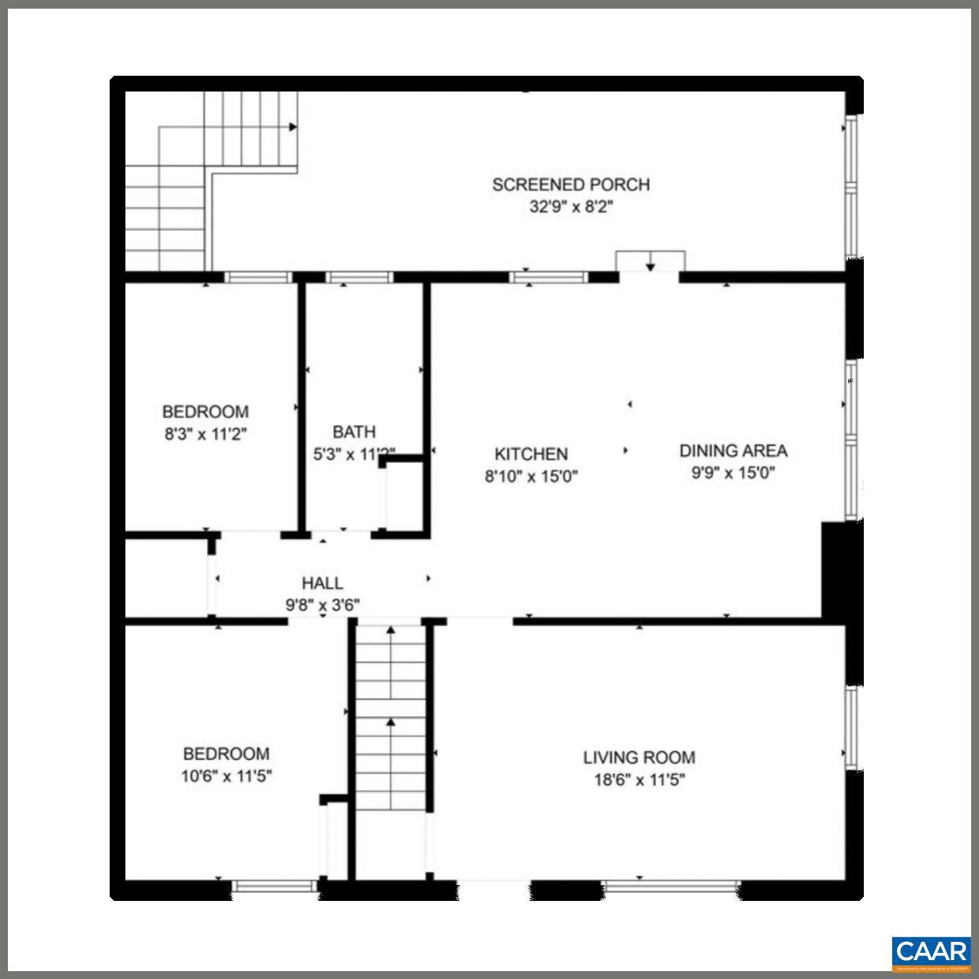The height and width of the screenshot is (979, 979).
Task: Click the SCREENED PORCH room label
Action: (x=570, y=185)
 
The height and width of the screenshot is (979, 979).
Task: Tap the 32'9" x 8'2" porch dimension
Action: (x=570, y=207)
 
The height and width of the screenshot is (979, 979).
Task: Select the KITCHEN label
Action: (x=531, y=454)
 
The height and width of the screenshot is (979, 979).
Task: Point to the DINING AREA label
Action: (x=733, y=450)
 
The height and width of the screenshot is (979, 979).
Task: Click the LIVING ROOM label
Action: (x=639, y=757)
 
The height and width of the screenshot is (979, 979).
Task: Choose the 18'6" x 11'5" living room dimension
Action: (x=639, y=780)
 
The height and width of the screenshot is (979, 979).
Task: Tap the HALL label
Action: (x=322, y=583)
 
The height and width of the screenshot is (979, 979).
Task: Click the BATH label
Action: (x=353, y=432)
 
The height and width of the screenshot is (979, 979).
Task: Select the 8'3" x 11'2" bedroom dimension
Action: (x=206, y=434)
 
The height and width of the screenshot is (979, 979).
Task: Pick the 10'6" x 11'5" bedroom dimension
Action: (x=226, y=775)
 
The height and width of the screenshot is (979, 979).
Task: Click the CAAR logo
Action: (x=931, y=951)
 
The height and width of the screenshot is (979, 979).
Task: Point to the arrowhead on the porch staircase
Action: (x=293, y=126)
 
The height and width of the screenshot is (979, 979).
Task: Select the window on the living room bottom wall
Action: (x=671, y=886)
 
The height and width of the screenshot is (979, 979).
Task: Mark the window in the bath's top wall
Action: (x=359, y=277)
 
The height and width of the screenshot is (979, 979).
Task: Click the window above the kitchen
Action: (x=548, y=277)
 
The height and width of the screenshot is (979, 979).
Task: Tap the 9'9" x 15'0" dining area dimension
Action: (x=733, y=473)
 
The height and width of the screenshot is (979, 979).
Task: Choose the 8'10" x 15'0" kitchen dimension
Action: (x=531, y=476)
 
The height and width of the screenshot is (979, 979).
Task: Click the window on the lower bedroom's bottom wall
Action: (x=275, y=886)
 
